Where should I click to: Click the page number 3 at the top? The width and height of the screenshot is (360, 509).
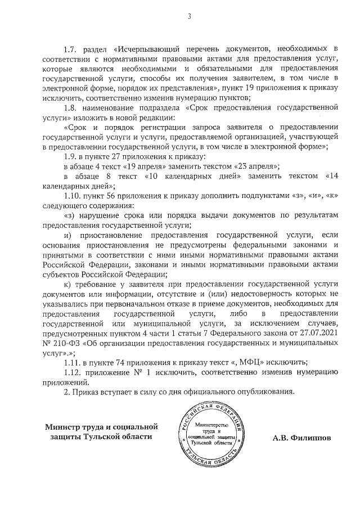[x=190, y=16]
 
